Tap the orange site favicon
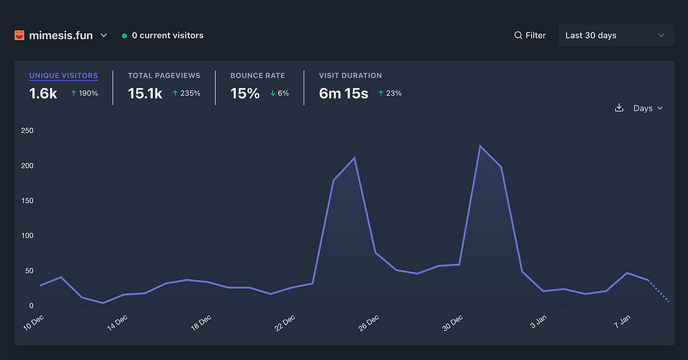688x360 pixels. pos(19,35)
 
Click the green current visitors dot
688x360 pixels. pos(124,36)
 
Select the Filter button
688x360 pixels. pos(530,35)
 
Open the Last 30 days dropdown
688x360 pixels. pos(615,35)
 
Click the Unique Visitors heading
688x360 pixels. pos(63,76)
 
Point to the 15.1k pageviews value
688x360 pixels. pos(145,94)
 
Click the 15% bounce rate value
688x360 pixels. pos(245,94)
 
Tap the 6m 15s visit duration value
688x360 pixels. pos(343,94)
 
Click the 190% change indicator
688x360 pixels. pos(85,94)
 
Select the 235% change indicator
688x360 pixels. pos(186,94)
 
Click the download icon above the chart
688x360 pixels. pos(619,108)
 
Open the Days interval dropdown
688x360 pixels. pos(648,108)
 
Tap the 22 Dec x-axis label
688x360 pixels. pos(285,323)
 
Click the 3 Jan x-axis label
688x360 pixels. pos(538,322)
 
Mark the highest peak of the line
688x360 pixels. pos(480,146)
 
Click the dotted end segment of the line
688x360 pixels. pos(658,291)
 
